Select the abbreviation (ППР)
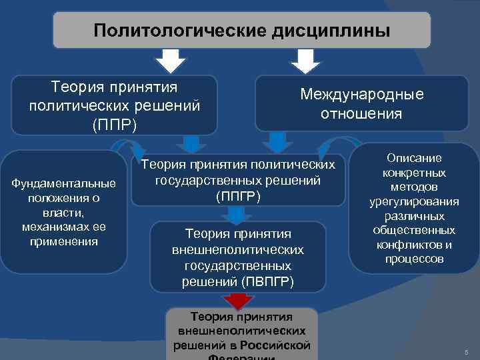click(114, 125)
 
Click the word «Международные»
click(361, 95)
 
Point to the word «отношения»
click(361, 113)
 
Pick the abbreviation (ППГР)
click(238, 197)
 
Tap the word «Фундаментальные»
click(64, 183)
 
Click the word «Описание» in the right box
click(414, 159)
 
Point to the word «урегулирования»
click(414, 202)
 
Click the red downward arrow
click(237, 300)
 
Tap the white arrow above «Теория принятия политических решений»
click(171, 63)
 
